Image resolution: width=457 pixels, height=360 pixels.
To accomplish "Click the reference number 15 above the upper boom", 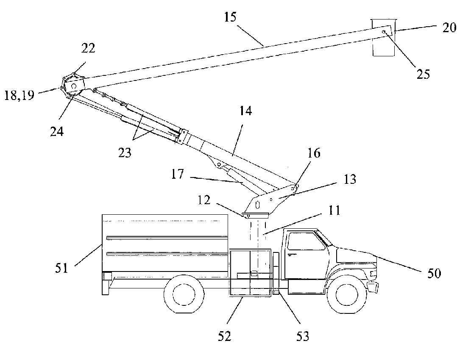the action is point(230,17).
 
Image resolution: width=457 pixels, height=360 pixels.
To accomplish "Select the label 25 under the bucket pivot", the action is point(423,75).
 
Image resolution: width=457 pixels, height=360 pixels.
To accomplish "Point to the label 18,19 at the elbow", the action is point(19,95).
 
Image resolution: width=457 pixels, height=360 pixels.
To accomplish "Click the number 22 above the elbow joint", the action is point(88,48).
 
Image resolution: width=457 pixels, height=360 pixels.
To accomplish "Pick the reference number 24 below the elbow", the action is point(57,132).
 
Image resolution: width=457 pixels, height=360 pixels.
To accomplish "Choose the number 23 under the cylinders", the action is point(125,152).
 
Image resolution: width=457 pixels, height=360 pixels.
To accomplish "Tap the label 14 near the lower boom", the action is point(245,111).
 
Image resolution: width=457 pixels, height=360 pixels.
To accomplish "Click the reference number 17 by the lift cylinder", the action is point(178,174).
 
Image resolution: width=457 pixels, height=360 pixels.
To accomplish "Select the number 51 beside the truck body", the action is point(62,268).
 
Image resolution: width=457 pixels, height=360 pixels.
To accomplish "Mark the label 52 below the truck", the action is point(224,336).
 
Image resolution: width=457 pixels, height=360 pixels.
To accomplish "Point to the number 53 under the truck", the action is point(303,336).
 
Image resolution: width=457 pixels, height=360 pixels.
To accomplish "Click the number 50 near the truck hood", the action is point(434,274).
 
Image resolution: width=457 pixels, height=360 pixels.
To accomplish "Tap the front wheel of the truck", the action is point(347,294).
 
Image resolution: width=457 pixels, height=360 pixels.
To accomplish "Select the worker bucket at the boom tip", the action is point(384,37).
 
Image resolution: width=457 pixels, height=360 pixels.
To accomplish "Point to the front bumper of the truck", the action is point(373,287).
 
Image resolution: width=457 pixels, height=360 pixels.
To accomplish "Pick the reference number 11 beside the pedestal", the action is point(334,210).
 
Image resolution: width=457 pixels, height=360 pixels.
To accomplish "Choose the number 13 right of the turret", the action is point(350,179).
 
